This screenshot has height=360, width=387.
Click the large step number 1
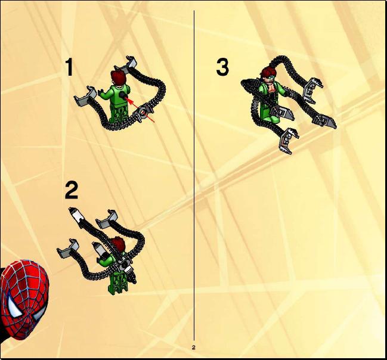(x=69, y=67)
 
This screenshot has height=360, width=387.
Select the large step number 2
(x=72, y=190)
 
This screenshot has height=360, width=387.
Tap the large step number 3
(x=222, y=67)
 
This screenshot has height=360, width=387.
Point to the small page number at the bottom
(x=193, y=347)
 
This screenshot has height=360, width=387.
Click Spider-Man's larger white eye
(x=13, y=306)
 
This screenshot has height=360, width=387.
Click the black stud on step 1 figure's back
(x=122, y=95)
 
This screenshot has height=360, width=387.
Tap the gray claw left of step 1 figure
(x=85, y=96)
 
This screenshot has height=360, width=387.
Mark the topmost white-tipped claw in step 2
(x=76, y=215)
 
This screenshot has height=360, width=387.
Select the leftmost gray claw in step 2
(x=68, y=249)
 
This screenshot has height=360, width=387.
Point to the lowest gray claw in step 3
(x=288, y=141)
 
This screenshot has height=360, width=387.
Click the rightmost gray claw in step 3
(x=325, y=121)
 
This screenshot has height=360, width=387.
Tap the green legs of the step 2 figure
(x=119, y=282)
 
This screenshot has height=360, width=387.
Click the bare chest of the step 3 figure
(x=272, y=88)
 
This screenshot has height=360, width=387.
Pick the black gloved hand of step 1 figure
(x=100, y=92)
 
